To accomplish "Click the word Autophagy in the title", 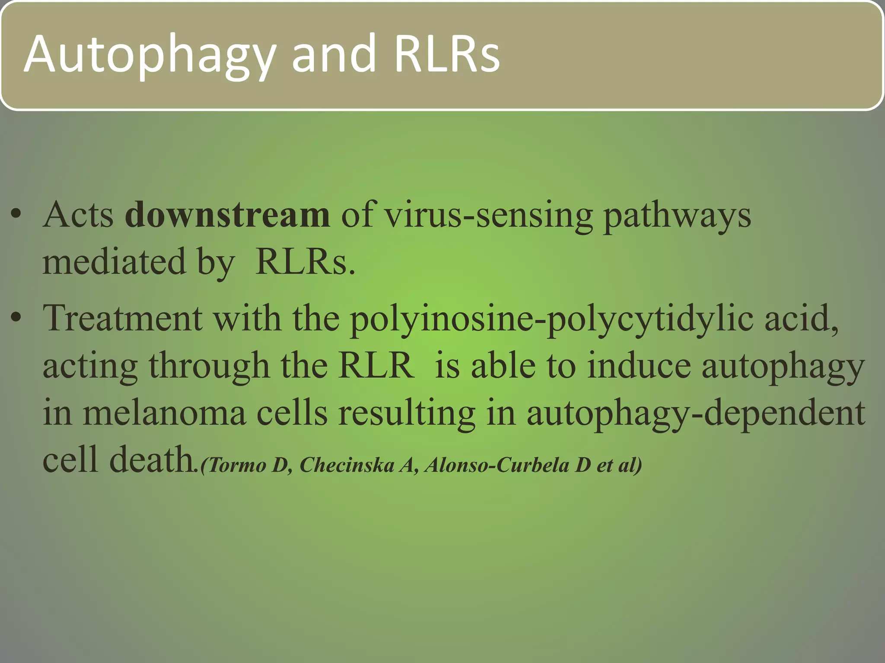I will (x=149, y=55).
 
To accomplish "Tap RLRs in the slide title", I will (x=447, y=55).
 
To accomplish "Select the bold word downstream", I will (x=227, y=215).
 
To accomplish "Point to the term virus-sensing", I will (x=489, y=215).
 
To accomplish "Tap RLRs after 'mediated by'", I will (x=305, y=262).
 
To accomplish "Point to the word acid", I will (x=802, y=318).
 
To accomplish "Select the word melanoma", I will (x=164, y=413).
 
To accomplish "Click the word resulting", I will (x=406, y=414).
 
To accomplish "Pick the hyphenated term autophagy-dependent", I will (x=696, y=414).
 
